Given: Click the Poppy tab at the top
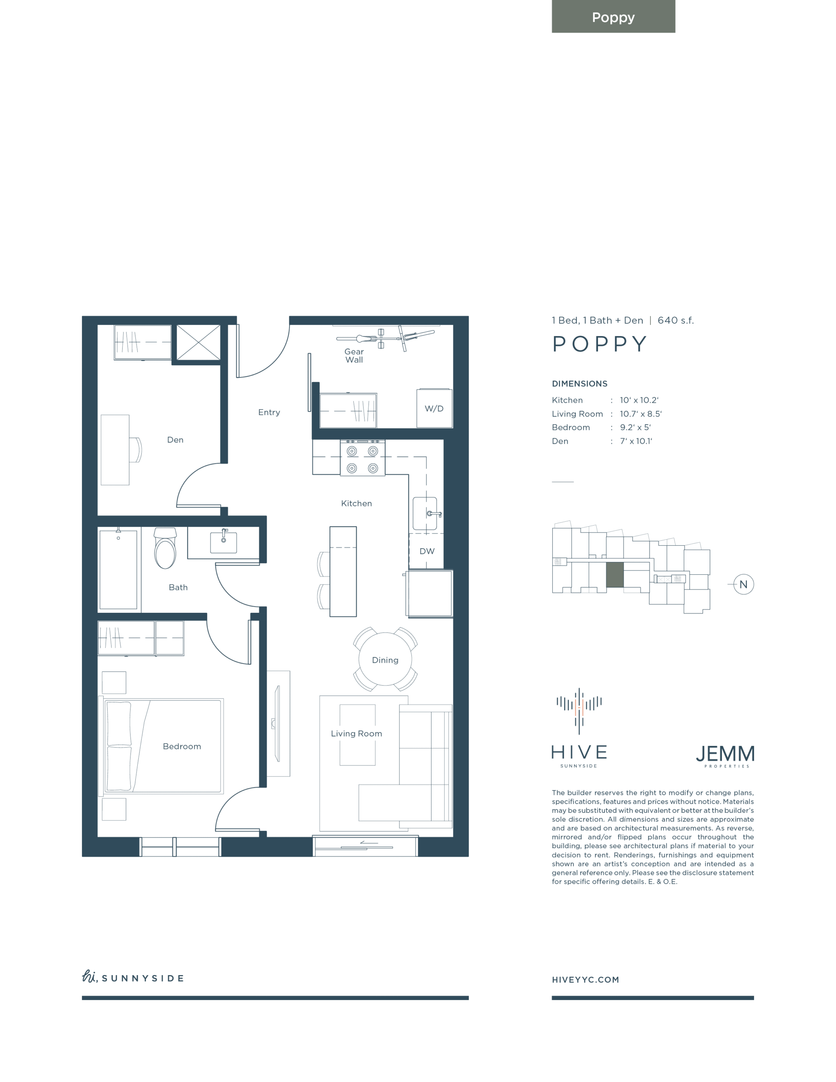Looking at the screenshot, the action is (x=613, y=16).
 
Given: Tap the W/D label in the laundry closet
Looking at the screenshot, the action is (x=434, y=409).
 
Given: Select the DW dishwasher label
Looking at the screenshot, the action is (x=427, y=552).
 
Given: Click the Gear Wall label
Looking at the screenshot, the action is (x=354, y=356).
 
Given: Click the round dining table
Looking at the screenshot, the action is (x=385, y=659).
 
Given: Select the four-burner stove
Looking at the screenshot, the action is (x=362, y=458).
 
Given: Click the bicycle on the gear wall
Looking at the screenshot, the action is (x=385, y=339).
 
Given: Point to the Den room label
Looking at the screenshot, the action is (x=175, y=440).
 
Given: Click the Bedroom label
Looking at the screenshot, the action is (x=182, y=746).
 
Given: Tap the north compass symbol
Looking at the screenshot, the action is (x=743, y=585).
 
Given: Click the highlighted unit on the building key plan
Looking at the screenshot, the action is (x=615, y=575).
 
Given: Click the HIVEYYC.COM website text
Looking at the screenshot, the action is (x=585, y=979).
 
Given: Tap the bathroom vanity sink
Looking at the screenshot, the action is (x=224, y=542).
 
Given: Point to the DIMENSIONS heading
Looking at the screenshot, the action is (x=579, y=383).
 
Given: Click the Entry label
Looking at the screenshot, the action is (x=269, y=412).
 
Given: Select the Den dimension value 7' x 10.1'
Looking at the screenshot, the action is (x=636, y=441).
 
